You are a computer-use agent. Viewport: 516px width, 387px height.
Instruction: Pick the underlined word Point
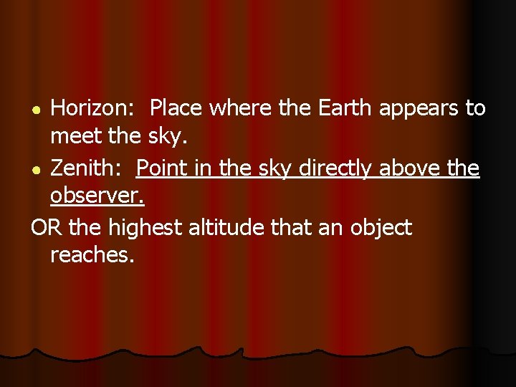(x=161, y=169)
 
